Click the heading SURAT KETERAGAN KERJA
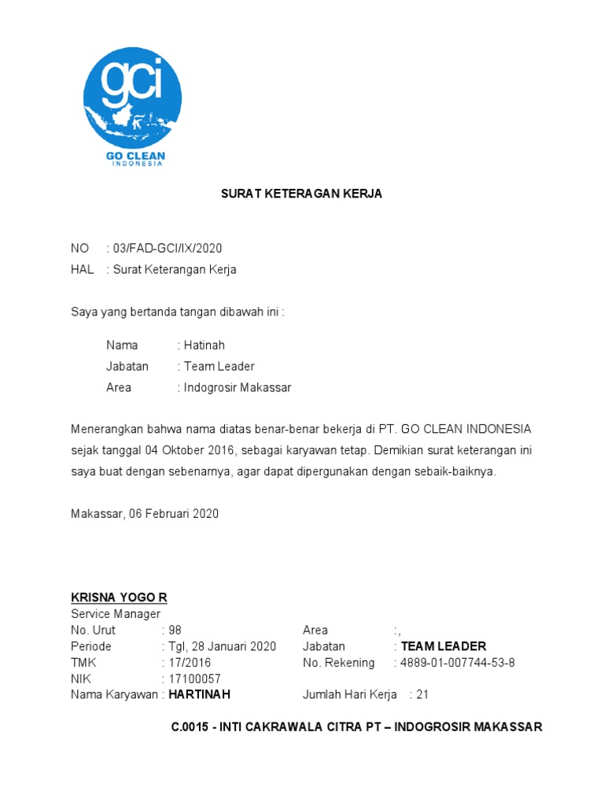301,194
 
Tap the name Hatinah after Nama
204,345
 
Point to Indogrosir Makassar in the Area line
238,387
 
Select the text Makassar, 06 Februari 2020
145,514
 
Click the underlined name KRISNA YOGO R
119,597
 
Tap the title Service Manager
116,614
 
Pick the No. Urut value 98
175,630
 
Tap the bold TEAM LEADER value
444,646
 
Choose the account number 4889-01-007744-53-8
458,663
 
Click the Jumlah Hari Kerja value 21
422,695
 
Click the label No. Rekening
338,663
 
